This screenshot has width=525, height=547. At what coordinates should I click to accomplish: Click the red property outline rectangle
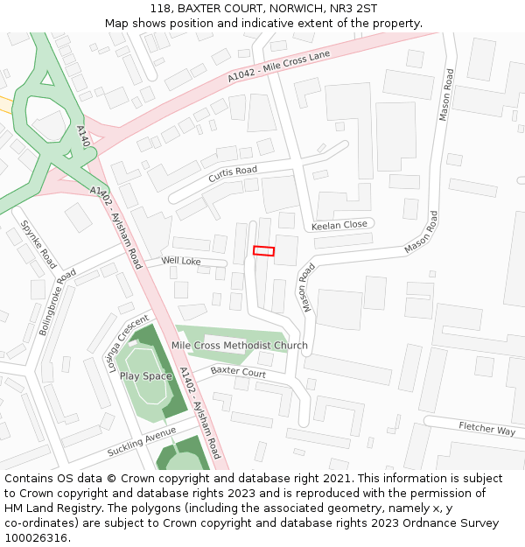pyautogui.click(x=263, y=251)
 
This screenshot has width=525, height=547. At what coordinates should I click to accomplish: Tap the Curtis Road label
pyautogui.click(x=233, y=174)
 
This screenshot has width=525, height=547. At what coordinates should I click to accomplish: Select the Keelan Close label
pyautogui.click(x=339, y=225)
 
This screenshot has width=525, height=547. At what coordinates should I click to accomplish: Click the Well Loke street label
pyautogui.click(x=181, y=261)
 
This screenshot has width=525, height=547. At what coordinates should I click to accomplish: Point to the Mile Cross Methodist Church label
pyautogui.click(x=240, y=346)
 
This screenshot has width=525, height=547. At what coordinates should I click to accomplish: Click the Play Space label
pyautogui.click(x=146, y=376)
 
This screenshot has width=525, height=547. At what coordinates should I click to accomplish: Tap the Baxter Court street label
pyautogui.click(x=237, y=373)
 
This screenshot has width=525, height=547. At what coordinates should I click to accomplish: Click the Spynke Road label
pyautogui.click(x=38, y=244)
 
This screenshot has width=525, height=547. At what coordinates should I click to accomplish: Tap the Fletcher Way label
pyautogui.click(x=487, y=429)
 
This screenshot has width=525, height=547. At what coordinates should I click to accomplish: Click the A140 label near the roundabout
pyautogui.click(x=83, y=137)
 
